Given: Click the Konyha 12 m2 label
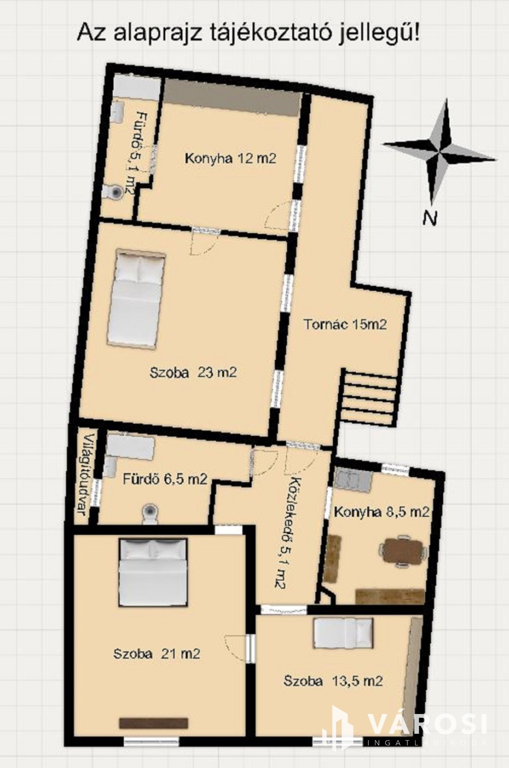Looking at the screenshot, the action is [x=231, y=159].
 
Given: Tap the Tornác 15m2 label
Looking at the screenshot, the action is [x=346, y=324].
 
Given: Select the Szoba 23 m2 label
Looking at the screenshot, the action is [x=193, y=373].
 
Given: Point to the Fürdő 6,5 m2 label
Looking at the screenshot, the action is [x=165, y=479].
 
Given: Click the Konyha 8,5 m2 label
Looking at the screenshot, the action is [x=382, y=512].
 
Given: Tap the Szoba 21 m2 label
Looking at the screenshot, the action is [x=157, y=654].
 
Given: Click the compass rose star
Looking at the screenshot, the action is [x=440, y=151].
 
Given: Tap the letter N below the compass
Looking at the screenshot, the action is [x=430, y=218].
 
